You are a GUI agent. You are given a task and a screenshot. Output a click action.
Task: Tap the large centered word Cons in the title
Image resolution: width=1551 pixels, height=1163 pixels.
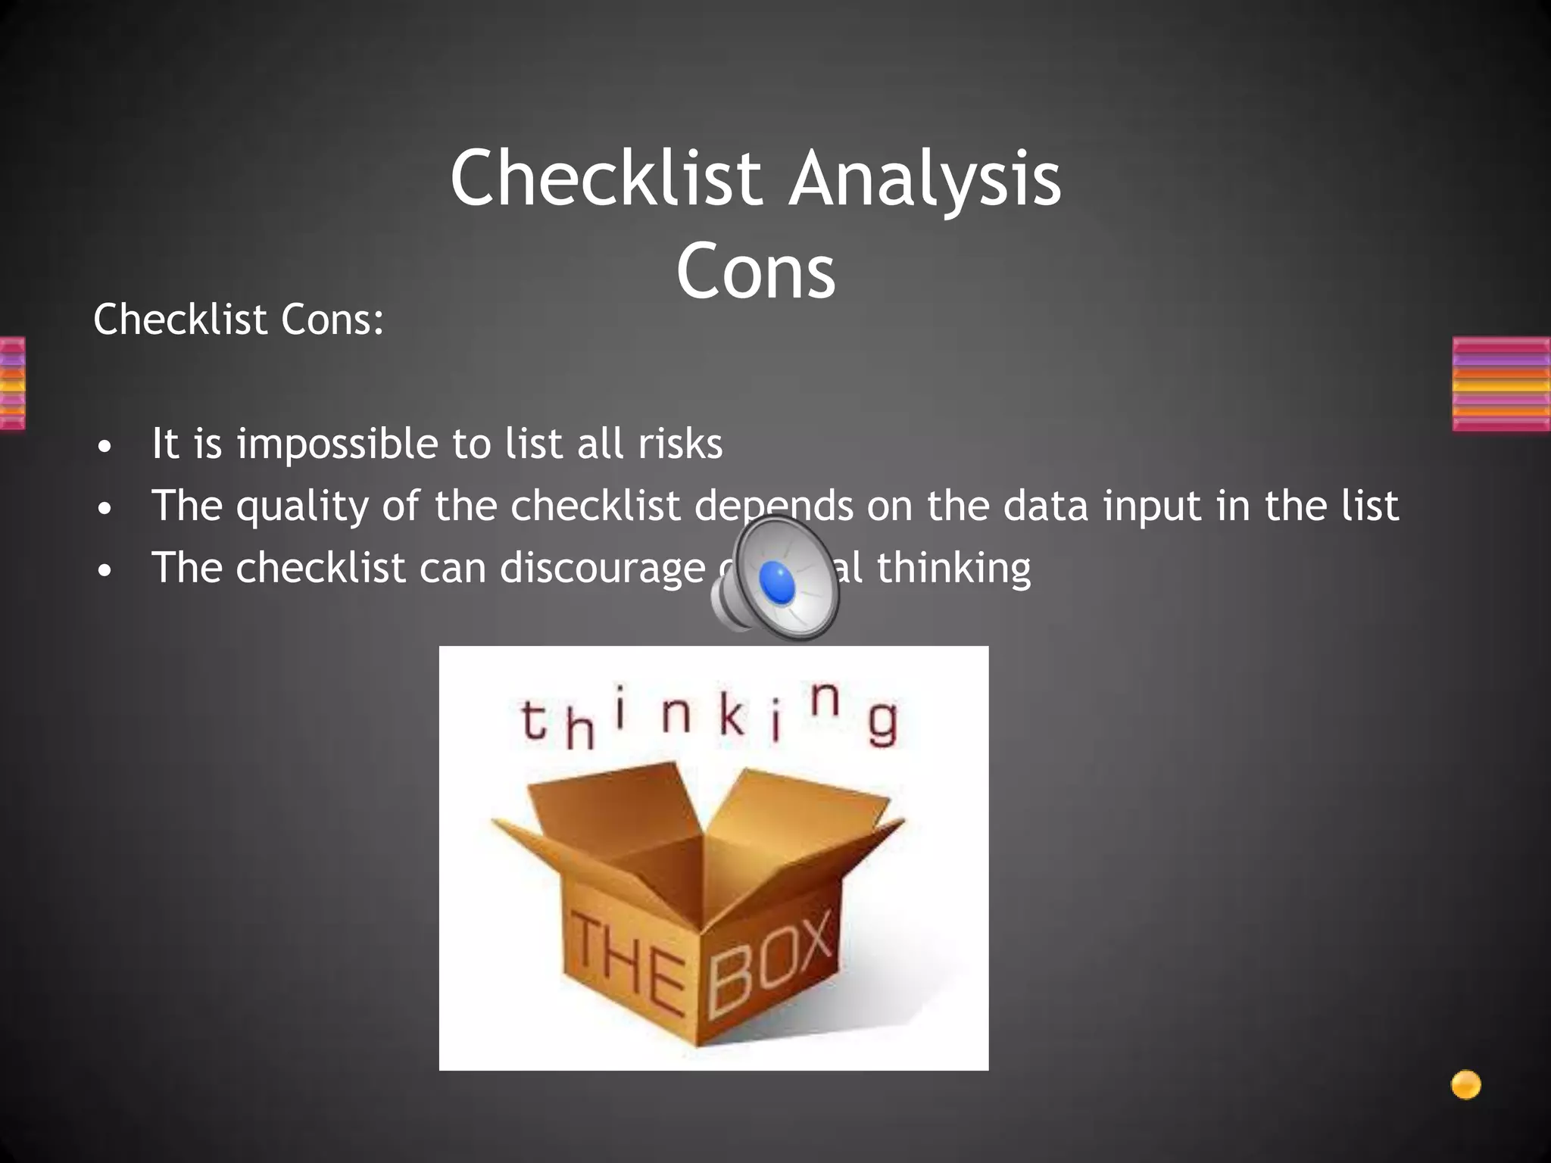pos(756,271)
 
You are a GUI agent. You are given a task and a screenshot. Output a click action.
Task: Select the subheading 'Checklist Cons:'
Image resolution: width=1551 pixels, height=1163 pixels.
pos(239,320)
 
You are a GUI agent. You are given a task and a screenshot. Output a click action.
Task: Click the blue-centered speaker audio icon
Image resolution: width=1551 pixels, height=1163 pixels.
pos(775,578)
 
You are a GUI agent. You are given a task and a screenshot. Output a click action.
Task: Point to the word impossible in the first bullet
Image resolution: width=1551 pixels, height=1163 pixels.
pos(339,444)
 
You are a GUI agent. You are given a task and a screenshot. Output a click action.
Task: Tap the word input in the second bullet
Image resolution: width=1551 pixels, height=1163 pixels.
pos(1152,507)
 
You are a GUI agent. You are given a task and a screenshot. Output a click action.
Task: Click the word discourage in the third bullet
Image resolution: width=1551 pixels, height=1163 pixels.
pos(602,569)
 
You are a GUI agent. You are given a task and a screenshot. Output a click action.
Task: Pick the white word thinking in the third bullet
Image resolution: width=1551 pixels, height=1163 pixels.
pos(953,568)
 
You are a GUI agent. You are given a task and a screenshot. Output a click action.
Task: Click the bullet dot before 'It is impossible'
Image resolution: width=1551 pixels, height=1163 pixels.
pos(105,447)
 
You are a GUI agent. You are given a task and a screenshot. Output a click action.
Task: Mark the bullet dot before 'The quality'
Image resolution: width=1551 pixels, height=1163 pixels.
pos(105,509)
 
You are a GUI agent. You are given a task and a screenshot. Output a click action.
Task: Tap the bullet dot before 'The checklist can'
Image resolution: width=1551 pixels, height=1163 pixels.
pos(105,571)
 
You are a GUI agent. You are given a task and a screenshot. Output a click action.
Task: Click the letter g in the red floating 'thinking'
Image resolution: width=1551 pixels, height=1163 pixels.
pos(882,724)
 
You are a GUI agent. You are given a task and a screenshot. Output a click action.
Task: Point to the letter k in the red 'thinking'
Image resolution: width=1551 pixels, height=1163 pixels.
pos(731,716)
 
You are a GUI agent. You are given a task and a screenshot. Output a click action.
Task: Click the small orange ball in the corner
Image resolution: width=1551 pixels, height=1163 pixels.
pos(1465,1085)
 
